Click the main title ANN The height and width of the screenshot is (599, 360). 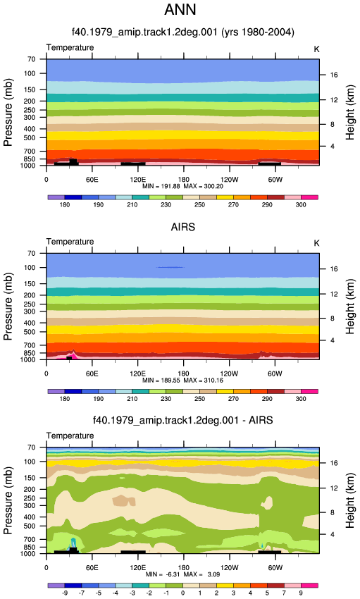pyautogui.click(x=180, y=10)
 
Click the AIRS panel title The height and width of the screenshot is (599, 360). pyautogui.click(x=183, y=227)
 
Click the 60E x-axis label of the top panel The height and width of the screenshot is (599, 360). pyautogui.click(x=92, y=180)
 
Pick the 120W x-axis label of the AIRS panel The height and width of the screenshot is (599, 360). pyautogui.click(x=229, y=373)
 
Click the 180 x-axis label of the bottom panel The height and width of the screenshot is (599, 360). pyautogui.click(x=184, y=568)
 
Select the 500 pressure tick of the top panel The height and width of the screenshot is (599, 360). pyautogui.click(x=30, y=137)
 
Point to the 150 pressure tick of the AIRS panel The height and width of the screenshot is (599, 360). pyautogui.click(x=30, y=284)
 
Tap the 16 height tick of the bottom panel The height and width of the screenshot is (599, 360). pyautogui.click(x=334, y=463)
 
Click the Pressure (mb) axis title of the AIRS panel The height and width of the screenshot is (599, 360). pyautogui.click(x=8, y=307)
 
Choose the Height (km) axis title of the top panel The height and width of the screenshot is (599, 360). pyautogui.click(x=350, y=112)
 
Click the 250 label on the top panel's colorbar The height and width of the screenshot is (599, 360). pyautogui.click(x=199, y=205)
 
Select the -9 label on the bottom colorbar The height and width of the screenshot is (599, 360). pyautogui.click(x=65, y=593)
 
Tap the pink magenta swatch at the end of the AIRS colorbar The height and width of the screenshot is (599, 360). pyautogui.click(x=309, y=392)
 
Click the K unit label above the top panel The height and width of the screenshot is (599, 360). pyautogui.click(x=316, y=49)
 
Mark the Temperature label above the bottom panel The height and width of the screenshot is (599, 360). pyautogui.click(x=70, y=436)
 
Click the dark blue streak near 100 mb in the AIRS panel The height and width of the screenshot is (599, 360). pyautogui.click(x=170, y=267)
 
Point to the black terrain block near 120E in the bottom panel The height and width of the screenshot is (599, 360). pyautogui.click(x=133, y=552)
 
